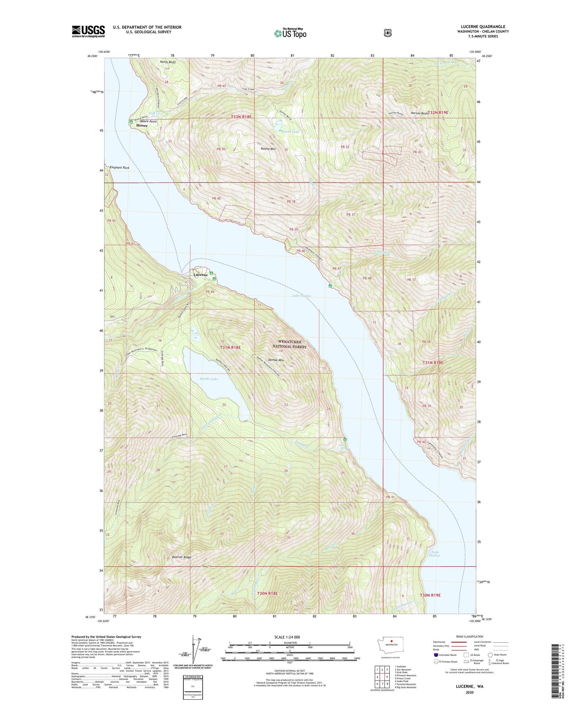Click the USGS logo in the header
pyautogui.click(x=88, y=31)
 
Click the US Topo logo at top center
pyautogui.click(x=290, y=33)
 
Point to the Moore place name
pyautogui.click(x=142, y=126)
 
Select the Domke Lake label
pyautogui.click(x=209, y=379)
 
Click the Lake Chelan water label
pyautogui.click(x=301, y=296)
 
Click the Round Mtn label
pyautogui.click(x=268, y=149)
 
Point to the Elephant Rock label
pyautogui.click(x=120, y=168)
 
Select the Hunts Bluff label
pyautogui.click(x=168, y=62)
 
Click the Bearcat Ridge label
pyautogui.click(x=182, y=557)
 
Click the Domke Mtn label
pyautogui.click(x=276, y=360)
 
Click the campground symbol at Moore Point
pyautogui.click(x=131, y=122)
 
